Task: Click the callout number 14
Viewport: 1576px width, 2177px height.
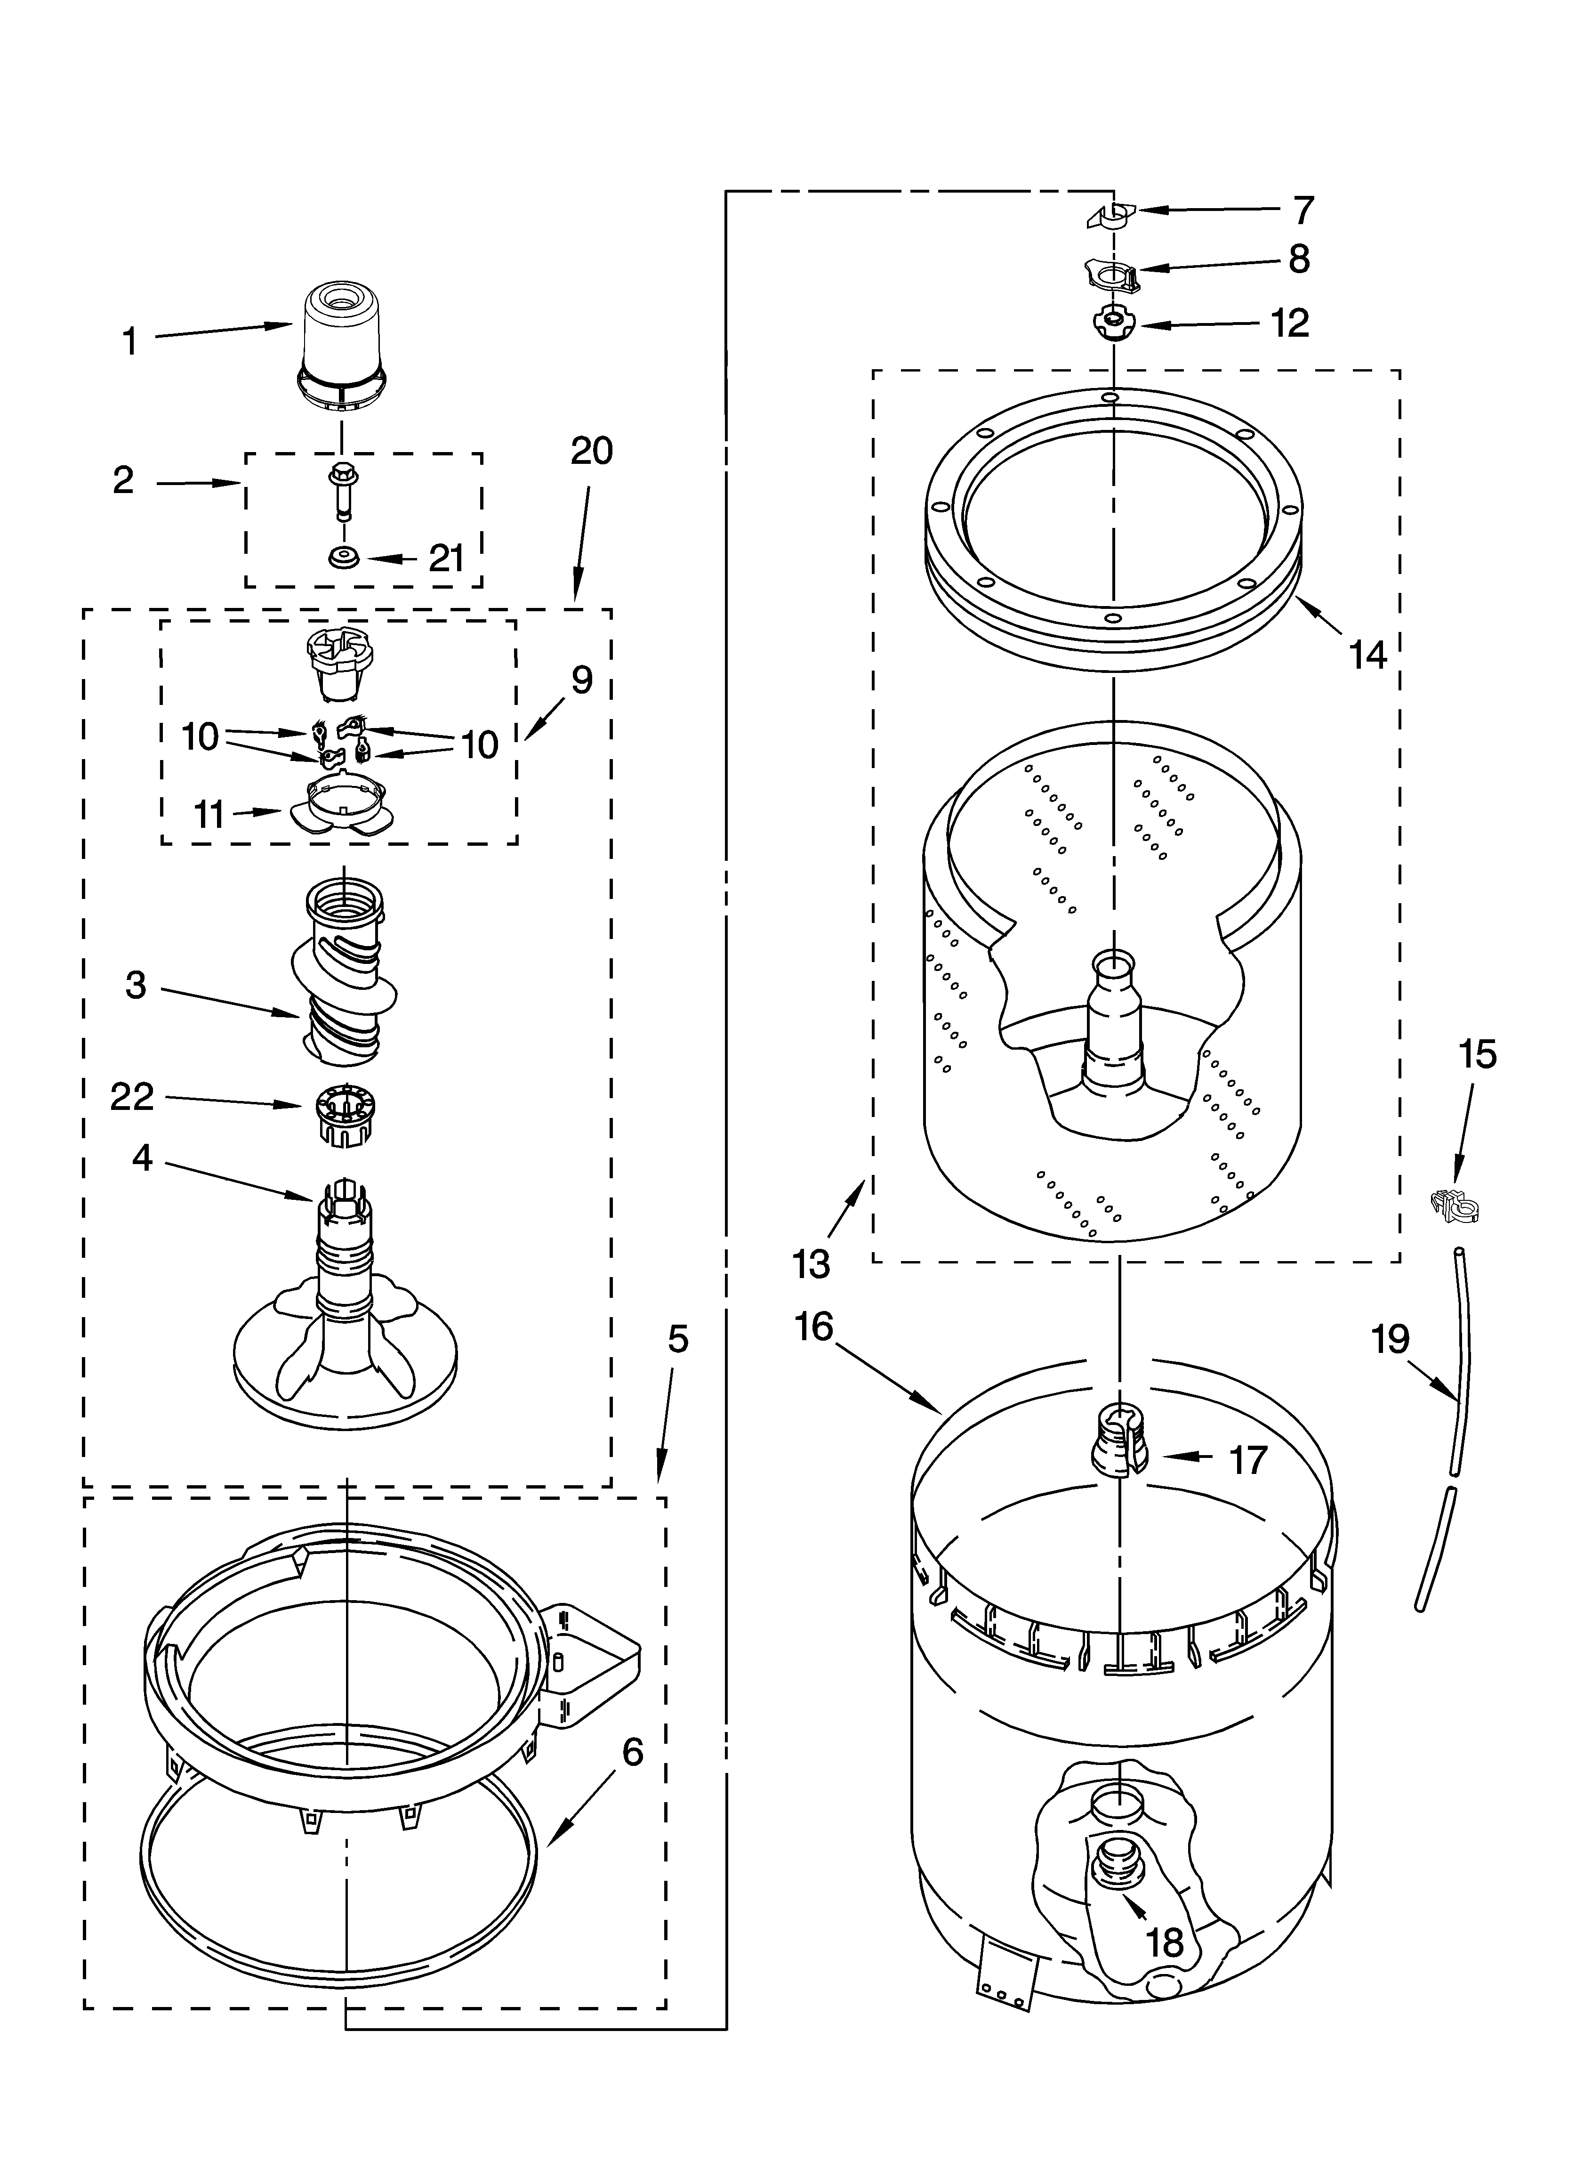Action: pyautogui.click(x=1368, y=656)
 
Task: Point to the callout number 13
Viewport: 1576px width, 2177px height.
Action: pyautogui.click(x=811, y=1264)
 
